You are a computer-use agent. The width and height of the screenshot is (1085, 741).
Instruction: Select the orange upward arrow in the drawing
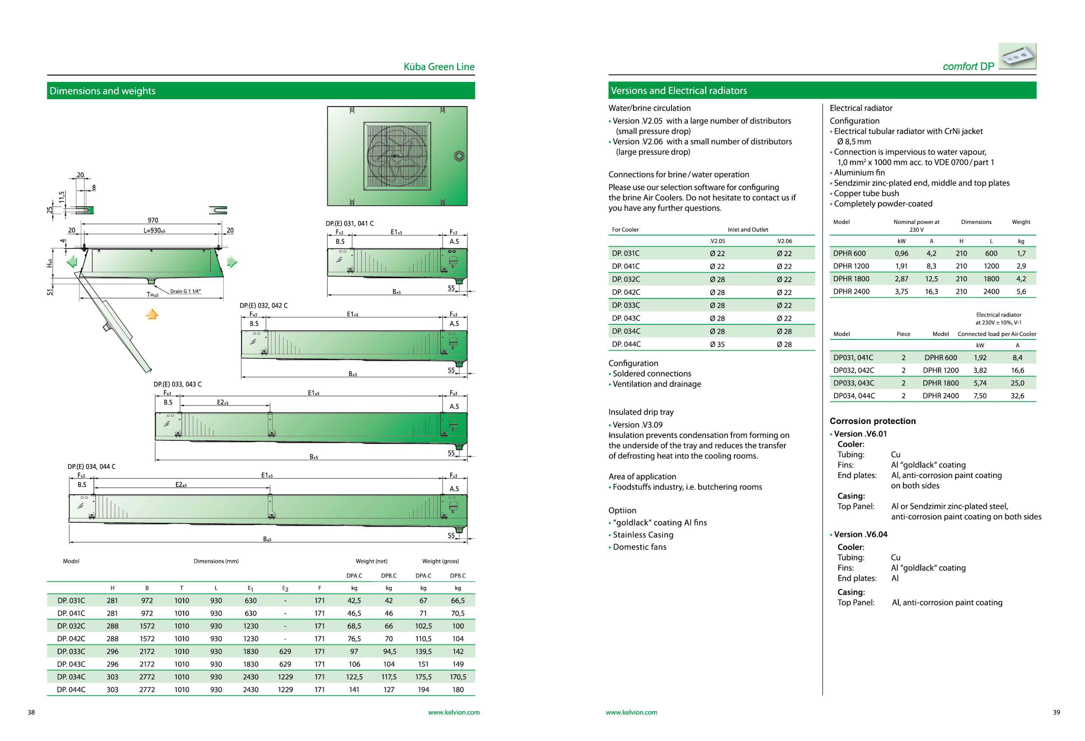pyautogui.click(x=152, y=314)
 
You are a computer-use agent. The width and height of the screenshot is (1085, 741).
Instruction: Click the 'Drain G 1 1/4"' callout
pyautogui.click(x=185, y=291)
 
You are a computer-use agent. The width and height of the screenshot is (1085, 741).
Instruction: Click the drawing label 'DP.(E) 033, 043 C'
pyautogui.click(x=177, y=384)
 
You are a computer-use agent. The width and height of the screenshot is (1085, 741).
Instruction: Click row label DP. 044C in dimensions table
pyautogui.click(x=71, y=690)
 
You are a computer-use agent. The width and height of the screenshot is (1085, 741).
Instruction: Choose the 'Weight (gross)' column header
pyautogui.click(x=440, y=561)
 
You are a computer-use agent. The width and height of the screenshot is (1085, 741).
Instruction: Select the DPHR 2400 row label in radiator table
pyautogui.click(x=851, y=291)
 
